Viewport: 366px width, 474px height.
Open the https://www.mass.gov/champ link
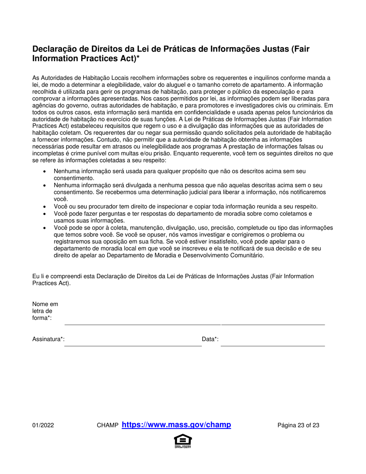pos(176,425)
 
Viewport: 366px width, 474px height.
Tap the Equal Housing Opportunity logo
pos(183,441)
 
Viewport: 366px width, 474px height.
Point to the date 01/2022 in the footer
pos(43,426)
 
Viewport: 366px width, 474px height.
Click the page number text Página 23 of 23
pos(298,426)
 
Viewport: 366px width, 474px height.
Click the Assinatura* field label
pos(48,339)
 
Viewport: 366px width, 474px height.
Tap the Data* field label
pos(210,339)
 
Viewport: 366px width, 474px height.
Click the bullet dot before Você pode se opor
pos(45,228)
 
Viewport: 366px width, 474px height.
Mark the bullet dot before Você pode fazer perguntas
pos(45,214)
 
